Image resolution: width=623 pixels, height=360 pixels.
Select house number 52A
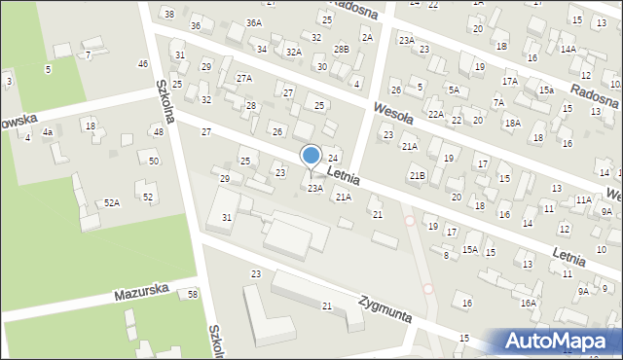tap(112, 203)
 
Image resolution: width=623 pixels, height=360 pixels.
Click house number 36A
tap(254, 22)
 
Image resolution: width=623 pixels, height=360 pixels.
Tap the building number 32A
tap(294, 52)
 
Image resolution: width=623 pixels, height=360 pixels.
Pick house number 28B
tap(341, 49)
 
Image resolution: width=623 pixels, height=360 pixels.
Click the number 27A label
tap(244, 78)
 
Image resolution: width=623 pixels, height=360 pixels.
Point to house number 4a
tap(47, 131)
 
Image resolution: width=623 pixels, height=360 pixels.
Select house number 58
tap(193, 294)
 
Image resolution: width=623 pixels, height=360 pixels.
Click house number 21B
tap(417, 175)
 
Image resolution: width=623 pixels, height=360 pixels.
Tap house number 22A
tap(436, 115)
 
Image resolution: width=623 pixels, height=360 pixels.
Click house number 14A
tap(568, 49)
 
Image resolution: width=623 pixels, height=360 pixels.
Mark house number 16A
tap(528, 303)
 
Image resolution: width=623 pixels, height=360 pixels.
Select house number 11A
tap(583, 199)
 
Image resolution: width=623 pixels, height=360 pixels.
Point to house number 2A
tap(367, 37)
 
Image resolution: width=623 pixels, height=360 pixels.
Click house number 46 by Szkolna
tap(143, 63)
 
